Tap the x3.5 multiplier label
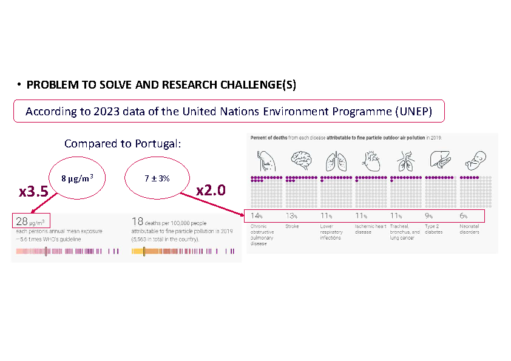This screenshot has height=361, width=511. click(x=34, y=192)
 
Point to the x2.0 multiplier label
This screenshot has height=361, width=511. click(x=211, y=190)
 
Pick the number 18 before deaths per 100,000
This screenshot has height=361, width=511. click(x=137, y=221)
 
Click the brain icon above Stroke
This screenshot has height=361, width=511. click(x=300, y=161)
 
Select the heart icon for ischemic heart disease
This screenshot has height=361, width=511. click(x=371, y=161)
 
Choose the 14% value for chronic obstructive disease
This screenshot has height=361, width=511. click(x=256, y=216)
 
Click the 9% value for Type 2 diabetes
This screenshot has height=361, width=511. click(x=429, y=216)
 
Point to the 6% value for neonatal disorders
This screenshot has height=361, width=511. click(x=464, y=216)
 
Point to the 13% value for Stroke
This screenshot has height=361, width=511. click(x=291, y=216)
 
